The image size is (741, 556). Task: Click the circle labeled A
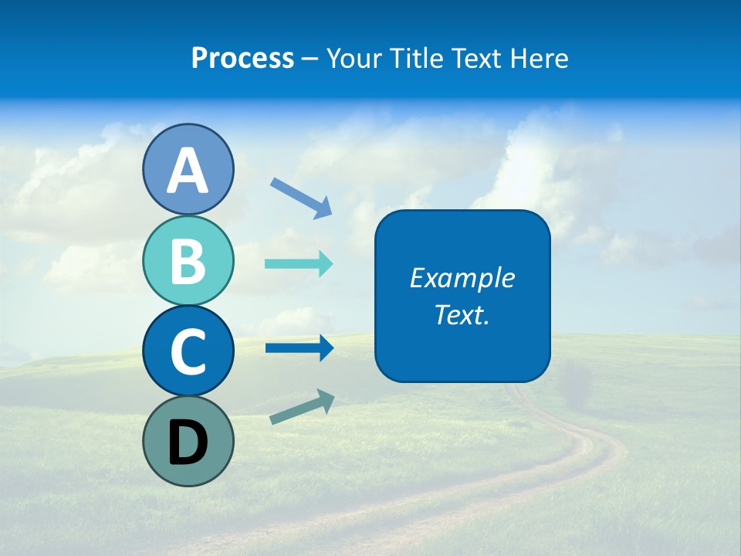point(188,169)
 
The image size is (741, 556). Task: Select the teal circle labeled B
point(188,261)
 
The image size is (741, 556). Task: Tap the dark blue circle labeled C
point(188,351)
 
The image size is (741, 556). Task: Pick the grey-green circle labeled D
point(188,441)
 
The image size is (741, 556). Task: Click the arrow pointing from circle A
point(301,198)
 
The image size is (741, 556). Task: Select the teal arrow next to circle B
point(299,264)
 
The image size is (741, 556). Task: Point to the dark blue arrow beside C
point(299,348)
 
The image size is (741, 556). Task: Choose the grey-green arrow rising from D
point(302,407)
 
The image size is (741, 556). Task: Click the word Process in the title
point(242,59)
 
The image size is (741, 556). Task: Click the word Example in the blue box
point(462,278)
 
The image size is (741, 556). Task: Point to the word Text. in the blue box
point(462,314)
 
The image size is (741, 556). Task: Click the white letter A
point(188,171)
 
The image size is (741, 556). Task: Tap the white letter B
point(188,262)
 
